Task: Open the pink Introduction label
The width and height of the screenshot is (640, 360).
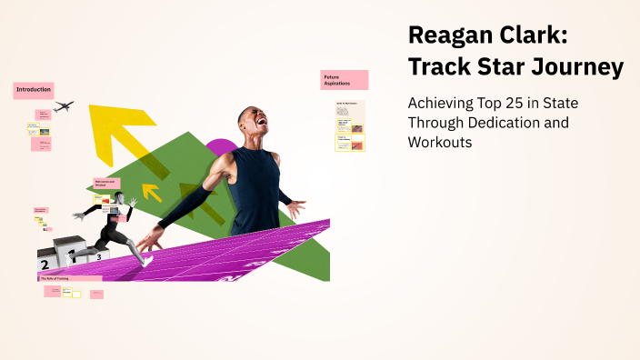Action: click(x=34, y=90)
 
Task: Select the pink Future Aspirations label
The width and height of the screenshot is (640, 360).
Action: click(x=344, y=80)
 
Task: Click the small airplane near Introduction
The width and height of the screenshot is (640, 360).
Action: click(x=63, y=106)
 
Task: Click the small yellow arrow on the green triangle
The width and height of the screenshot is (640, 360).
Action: click(x=151, y=192)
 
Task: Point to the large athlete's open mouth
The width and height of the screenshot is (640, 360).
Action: click(x=263, y=125)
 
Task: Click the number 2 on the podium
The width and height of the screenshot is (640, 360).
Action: click(x=45, y=265)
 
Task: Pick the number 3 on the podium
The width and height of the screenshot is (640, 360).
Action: click(x=98, y=257)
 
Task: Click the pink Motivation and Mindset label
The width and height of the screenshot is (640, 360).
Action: click(x=106, y=184)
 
